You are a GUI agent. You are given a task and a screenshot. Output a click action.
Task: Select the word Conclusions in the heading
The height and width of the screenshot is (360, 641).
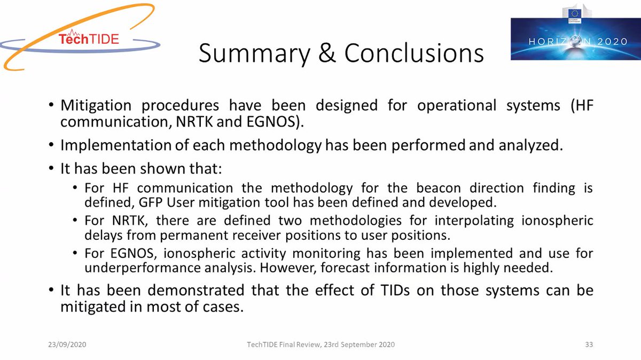(x=414, y=53)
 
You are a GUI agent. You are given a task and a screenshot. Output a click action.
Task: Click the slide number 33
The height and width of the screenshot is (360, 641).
(x=589, y=345)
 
